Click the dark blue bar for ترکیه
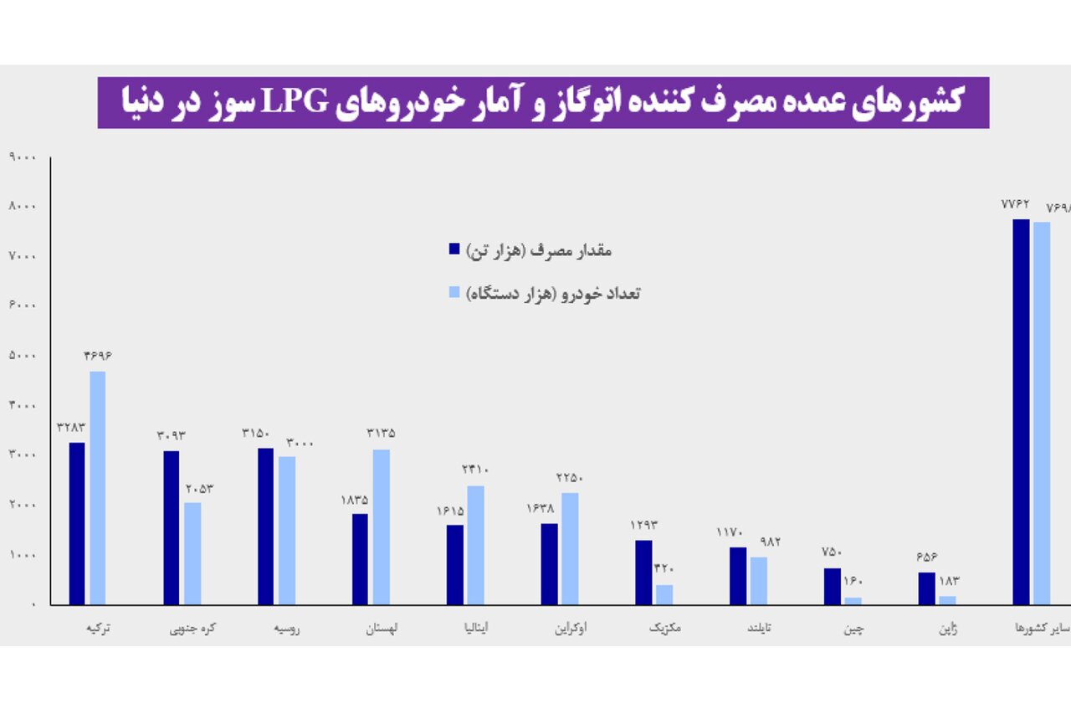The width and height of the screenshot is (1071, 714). point(77,523)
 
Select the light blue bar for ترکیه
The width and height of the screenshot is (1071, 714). point(98,488)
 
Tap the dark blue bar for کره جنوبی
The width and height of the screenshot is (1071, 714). point(172,527)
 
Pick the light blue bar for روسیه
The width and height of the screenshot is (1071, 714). point(287,530)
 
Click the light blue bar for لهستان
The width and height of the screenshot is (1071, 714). point(381,527)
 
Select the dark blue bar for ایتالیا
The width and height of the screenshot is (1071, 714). point(454,564)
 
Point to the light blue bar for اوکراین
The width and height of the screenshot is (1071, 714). point(570,548)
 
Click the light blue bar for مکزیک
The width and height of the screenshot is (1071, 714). point(664,594)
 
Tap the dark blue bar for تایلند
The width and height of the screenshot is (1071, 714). point(737,575)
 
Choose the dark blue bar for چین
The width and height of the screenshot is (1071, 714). point(832,586)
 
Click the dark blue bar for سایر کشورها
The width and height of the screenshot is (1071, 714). point(1021,412)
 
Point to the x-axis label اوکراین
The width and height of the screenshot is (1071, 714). point(570,629)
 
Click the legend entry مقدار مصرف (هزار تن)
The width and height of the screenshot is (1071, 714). point(531,249)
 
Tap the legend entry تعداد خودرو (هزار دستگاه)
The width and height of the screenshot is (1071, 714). point(545,293)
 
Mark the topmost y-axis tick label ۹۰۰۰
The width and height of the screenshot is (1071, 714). point(21,157)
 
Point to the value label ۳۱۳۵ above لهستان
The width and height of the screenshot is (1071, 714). point(381,434)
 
